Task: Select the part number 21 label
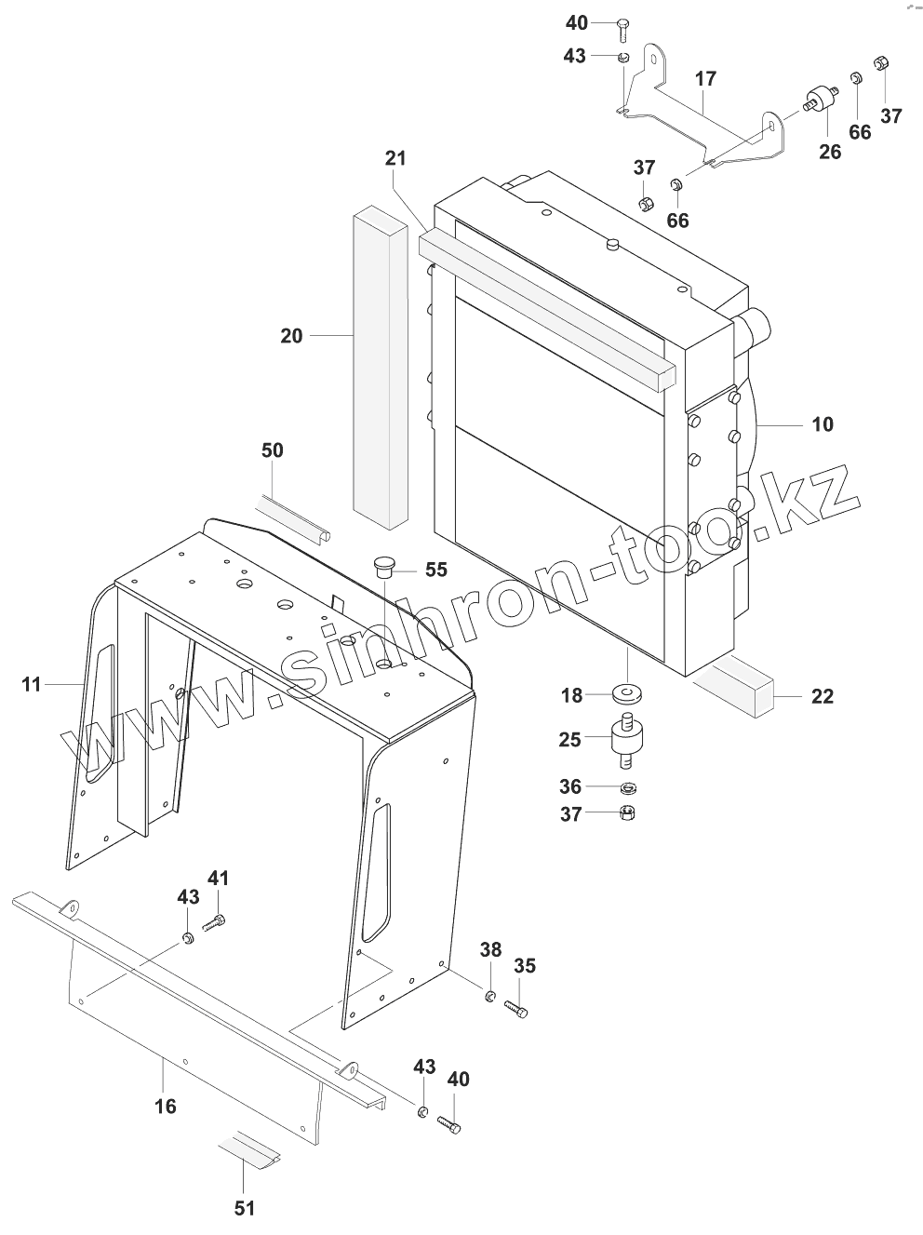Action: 395,158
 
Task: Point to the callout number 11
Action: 32,685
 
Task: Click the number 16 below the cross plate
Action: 164,1107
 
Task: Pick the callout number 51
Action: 243,1208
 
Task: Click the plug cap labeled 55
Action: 383,567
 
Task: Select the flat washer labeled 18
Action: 627,694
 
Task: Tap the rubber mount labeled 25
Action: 626,740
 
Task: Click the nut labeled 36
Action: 628,787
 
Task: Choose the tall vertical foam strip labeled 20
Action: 380,363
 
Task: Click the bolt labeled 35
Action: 516,1008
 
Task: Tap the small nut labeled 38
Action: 488,998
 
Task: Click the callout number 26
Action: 829,151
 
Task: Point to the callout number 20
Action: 291,335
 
